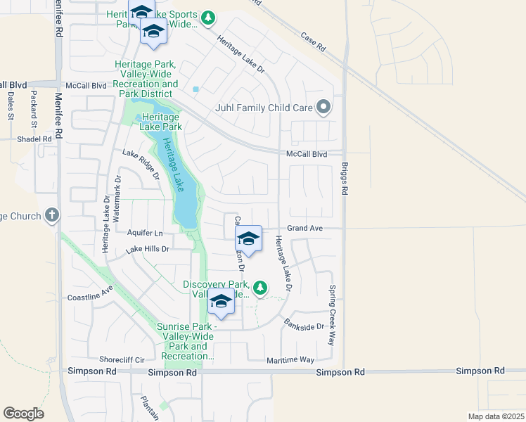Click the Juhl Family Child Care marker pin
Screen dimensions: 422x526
click(x=323, y=108)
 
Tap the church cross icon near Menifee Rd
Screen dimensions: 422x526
click(x=52, y=215)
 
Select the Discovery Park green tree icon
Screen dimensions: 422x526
click(x=260, y=287)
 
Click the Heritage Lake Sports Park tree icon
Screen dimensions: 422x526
click(x=207, y=18)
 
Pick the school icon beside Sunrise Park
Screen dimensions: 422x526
click(x=221, y=302)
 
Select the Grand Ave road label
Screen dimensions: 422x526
click(x=303, y=229)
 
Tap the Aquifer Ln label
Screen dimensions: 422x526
click(x=146, y=233)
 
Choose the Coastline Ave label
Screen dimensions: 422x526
click(x=91, y=293)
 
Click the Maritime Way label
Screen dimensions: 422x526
click(x=290, y=360)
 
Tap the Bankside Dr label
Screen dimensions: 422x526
click(x=304, y=326)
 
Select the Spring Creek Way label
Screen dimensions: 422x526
click(x=331, y=314)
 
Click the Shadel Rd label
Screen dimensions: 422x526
click(x=35, y=139)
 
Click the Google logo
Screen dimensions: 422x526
click(x=23, y=414)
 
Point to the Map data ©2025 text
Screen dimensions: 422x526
click(x=496, y=416)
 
